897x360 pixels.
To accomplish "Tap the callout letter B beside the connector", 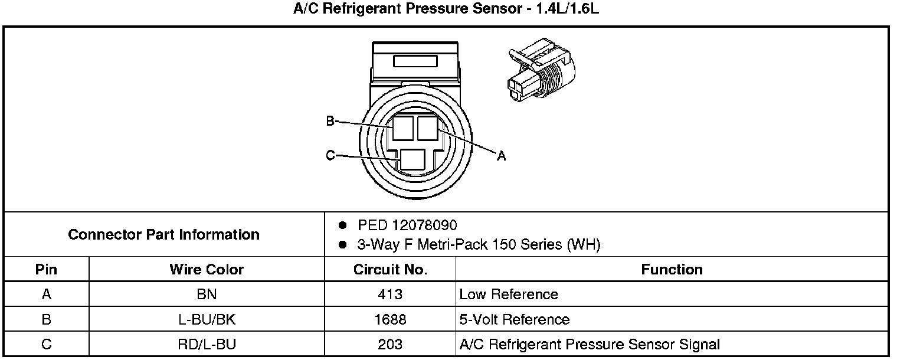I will tap(330, 122).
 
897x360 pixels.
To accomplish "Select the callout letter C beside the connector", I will tap(330, 156).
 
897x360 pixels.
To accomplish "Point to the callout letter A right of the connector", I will tap(501, 156).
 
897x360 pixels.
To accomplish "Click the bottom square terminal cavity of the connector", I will tap(412, 160).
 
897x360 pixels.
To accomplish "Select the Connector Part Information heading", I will tap(163, 234).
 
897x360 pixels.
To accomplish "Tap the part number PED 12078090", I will tap(407, 225).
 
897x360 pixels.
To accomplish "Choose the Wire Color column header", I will tap(207, 270).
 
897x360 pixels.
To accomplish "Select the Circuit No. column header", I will tap(390, 270).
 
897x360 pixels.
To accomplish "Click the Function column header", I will tap(672, 270).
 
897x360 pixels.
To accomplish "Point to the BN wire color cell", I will tap(207, 294).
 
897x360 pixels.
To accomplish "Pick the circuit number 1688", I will tap(390, 319).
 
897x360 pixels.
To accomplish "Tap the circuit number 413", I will tap(390, 294).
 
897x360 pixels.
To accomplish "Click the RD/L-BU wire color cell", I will tap(207, 344).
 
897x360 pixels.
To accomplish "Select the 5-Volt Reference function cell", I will tap(515, 319).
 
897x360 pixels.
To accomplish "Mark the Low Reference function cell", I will tap(509, 294).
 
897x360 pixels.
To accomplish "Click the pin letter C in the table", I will tap(46, 344).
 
